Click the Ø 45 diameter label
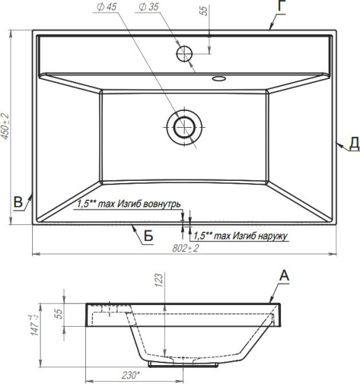coord(107,7)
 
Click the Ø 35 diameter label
coord(149,7)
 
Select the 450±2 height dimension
coord(5,126)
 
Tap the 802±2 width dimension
coord(185,249)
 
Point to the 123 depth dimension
coord(159,280)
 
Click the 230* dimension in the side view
coord(131,375)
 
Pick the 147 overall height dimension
coord(34,325)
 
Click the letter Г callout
coord(282,6)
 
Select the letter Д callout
coord(354,145)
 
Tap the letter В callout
coord(18,202)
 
